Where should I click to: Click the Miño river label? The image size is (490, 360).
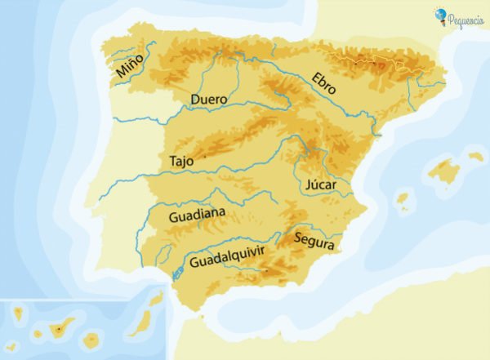click(129, 64)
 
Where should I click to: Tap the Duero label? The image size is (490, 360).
click(208, 100)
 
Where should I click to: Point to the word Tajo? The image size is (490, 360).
click(181, 161)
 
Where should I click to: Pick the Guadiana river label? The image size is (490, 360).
click(197, 217)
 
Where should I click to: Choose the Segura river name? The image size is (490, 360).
click(311, 240)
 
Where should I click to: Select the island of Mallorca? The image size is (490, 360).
click(444, 171)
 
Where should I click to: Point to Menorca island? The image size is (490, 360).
click(475, 156)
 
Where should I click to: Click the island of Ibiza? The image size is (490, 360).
click(402, 199)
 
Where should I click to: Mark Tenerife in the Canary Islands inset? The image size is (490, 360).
click(61, 328)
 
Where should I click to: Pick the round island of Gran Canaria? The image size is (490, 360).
click(94, 337)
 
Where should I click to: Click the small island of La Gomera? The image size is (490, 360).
click(37, 334)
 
